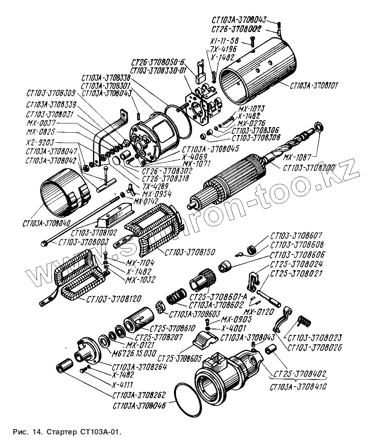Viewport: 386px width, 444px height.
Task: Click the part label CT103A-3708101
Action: pyautogui.click(x=314, y=85)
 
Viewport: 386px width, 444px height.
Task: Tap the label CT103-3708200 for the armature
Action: pyautogui.click(x=309, y=168)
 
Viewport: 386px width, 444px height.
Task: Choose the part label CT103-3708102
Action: pyautogui.click(x=94, y=232)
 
